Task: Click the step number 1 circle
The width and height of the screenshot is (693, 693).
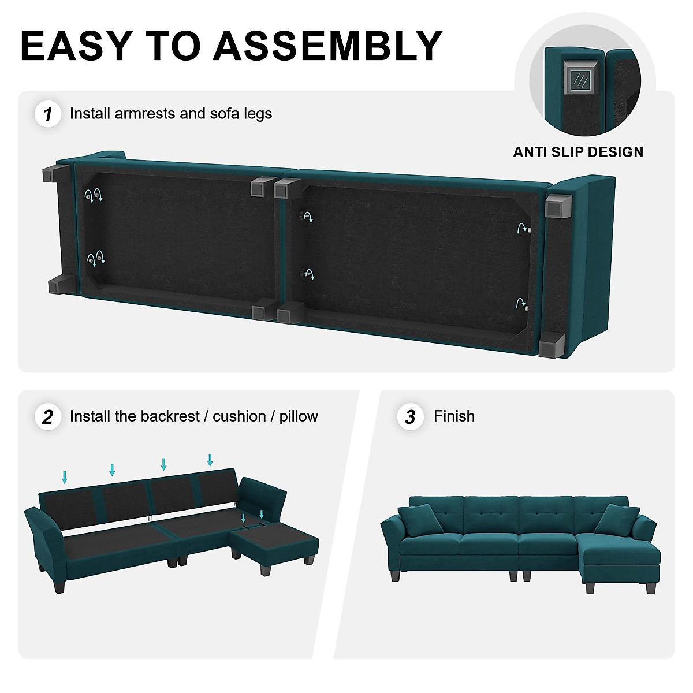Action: click(47, 114)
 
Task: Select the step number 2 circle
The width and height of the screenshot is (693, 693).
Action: click(47, 417)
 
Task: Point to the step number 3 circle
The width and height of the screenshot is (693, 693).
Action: click(410, 417)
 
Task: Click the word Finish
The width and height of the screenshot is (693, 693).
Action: click(454, 416)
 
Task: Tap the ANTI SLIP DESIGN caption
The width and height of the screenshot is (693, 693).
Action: click(578, 152)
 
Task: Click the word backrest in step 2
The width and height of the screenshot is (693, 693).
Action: click(174, 416)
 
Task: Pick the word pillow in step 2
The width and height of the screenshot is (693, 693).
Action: click(299, 416)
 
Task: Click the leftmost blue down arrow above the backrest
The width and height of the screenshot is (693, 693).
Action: click(65, 477)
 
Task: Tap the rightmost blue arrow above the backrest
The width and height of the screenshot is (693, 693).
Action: click(210, 460)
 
